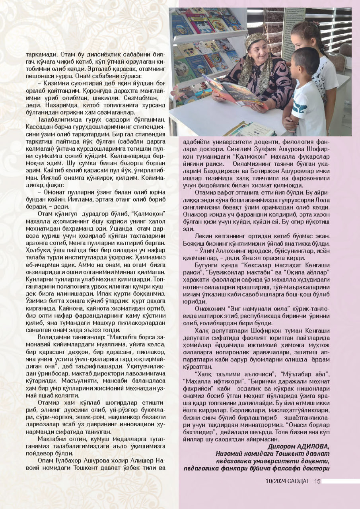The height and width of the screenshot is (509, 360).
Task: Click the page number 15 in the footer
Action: [x=317, y=482]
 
